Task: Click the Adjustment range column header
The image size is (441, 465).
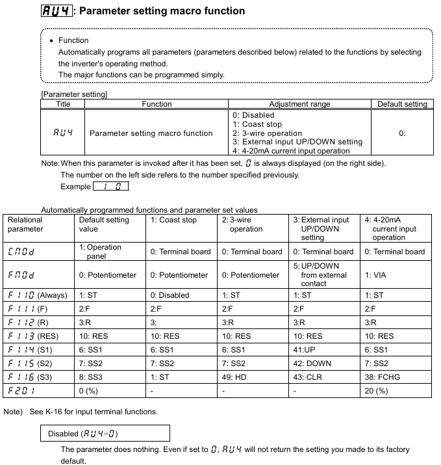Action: tap(299, 104)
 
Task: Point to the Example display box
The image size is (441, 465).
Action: tap(110, 187)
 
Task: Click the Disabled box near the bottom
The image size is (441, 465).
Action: tap(108, 433)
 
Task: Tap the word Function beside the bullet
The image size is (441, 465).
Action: tap(73, 40)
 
